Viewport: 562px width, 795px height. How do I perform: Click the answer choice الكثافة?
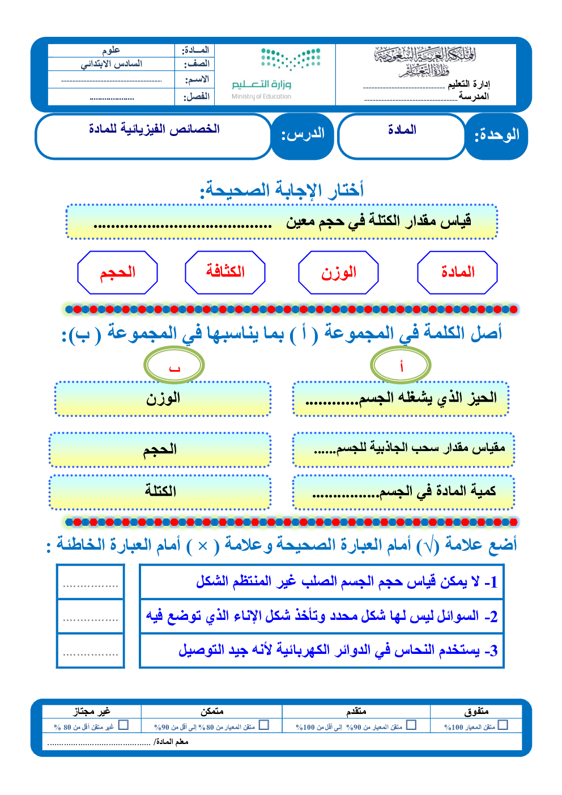coord(225,273)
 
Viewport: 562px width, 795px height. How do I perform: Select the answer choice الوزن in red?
coord(338,273)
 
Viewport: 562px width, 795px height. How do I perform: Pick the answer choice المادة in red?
coord(457,273)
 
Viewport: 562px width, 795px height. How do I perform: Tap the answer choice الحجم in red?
coord(117,273)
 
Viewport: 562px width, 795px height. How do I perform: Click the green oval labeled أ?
coord(401,365)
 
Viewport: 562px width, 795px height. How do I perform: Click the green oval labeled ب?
coord(174,365)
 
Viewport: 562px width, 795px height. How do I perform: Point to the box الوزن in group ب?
coord(163,398)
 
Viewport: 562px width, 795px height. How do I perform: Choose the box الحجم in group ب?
coord(160,450)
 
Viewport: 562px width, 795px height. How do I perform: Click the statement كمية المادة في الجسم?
coord(403,492)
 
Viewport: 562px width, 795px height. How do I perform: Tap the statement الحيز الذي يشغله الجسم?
coord(401,398)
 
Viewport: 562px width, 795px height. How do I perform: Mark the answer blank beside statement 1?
coord(91,582)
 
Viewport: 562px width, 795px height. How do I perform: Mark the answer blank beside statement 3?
coord(91,651)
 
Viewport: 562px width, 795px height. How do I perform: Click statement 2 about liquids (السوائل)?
coord(321,616)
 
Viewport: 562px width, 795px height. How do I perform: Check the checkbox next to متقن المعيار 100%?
coord(503,725)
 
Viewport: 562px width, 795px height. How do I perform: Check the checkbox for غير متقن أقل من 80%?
coord(124,725)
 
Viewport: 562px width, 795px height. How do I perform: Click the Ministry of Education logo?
coord(276,74)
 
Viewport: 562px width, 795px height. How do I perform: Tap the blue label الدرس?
coord(303,135)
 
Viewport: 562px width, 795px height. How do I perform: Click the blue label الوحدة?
coord(496,135)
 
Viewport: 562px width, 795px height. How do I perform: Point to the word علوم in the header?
coord(111,50)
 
